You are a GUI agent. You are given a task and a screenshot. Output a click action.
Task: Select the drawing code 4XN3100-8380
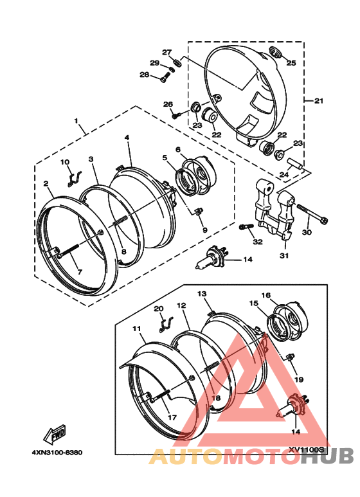[x=57, y=452]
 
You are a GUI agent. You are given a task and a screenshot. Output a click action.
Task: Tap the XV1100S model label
[x=307, y=450]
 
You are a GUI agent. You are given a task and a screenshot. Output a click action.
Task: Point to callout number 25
[x=291, y=63]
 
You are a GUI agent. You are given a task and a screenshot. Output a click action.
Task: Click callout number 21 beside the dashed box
[x=318, y=101]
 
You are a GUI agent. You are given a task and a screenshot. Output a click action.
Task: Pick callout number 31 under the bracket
[x=284, y=255]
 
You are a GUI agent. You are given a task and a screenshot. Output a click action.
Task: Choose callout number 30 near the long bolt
[x=307, y=232]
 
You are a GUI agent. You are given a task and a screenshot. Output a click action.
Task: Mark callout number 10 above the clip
[x=65, y=162]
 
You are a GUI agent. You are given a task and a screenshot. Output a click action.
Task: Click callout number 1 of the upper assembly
[x=76, y=121]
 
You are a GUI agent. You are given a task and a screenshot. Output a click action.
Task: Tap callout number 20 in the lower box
[x=158, y=309]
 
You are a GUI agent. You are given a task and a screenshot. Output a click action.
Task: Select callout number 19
[x=299, y=379]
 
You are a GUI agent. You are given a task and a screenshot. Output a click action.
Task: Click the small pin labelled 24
[x=295, y=164]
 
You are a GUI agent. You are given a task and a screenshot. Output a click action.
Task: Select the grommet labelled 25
[x=274, y=52]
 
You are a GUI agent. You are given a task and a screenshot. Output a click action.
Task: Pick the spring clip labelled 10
[x=75, y=179]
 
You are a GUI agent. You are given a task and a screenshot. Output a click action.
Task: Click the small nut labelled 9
[x=198, y=211]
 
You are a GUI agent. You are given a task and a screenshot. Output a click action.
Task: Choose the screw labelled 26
[x=176, y=114]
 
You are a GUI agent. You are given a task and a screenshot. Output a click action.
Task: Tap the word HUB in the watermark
[x=327, y=456]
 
